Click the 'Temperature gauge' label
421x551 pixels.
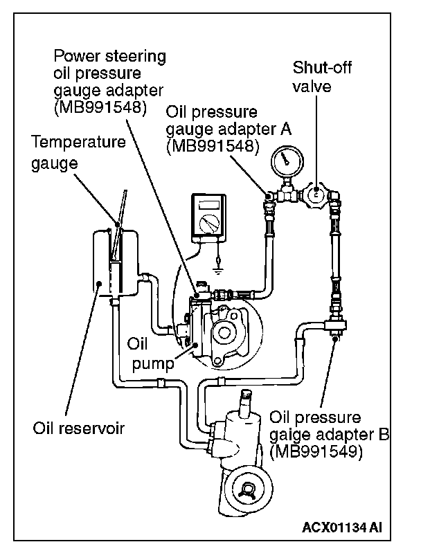[x=79, y=153]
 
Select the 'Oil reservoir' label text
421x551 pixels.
[x=78, y=427]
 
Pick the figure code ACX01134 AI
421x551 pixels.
[x=342, y=528]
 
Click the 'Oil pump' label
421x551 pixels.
[x=147, y=352]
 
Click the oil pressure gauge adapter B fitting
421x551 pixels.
[x=335, y=322]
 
